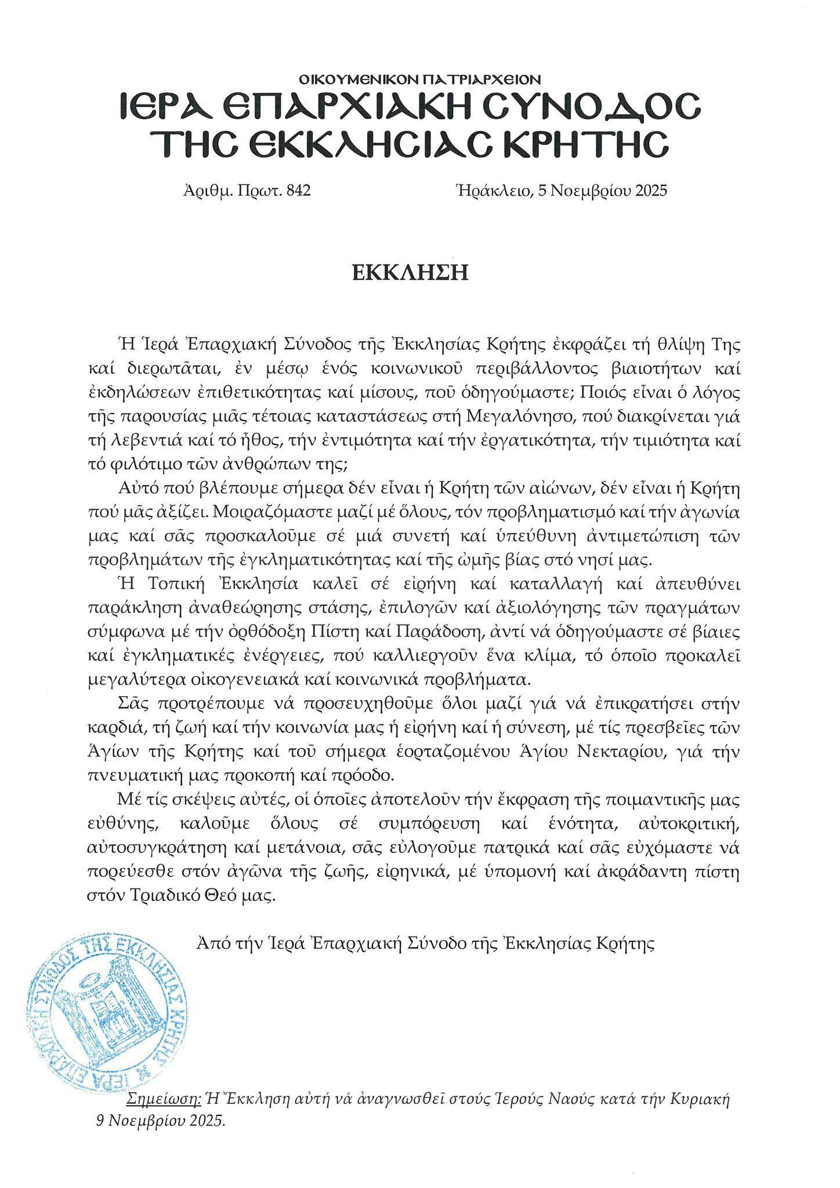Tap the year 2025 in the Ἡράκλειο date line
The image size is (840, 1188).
tap(651, 190)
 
